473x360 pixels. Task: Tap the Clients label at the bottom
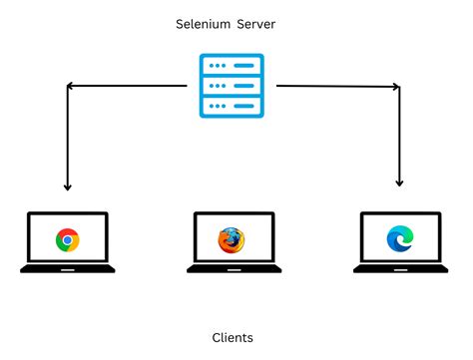pyautogui.click(x=233, y=338)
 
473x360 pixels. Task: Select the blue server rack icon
pyautogui.click(x=232, y=86)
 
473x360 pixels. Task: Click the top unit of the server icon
pyautogui.click(x=232, y=67)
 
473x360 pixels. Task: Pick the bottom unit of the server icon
pyautogui.click(x=232, y=106)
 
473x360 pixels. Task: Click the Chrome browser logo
pyautogui.click(x=68, y=239)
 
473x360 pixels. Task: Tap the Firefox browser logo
pyautogui.click(x=231, y=239)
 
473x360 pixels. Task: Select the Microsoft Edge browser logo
pyautogui.click(x=398, y=239)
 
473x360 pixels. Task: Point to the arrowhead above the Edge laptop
pyautogui.click(x=399, y=182)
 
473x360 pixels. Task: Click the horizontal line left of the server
pyautogui.click(x=130, y=87)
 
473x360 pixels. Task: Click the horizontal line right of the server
pyautogui.click(x=334, y=87)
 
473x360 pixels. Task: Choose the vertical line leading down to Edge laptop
pyautogui.click(x=399, y=135)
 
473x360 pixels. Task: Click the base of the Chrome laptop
pyautogui.click(x=68, y=268)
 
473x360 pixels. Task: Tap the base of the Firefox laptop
pyautogui.click(x=231, y=268)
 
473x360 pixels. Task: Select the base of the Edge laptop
pyautogui.click(x=398, y=268)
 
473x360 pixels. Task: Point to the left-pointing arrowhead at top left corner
pyautogui.click(x=71, y=87)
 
